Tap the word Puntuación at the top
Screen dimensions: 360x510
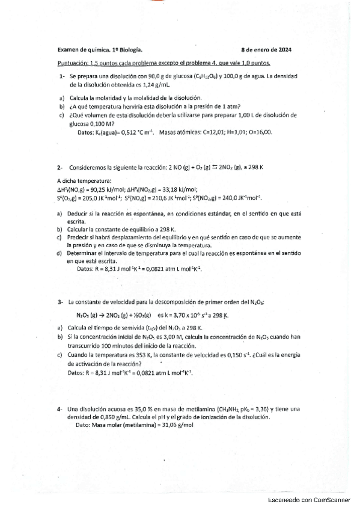[x=72, y=63]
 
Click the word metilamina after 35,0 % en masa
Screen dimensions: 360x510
[x=186, y=409]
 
